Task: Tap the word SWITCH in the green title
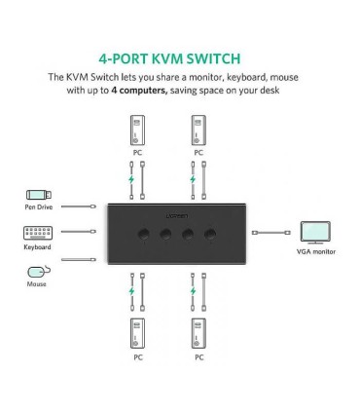click(226, 58)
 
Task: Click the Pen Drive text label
click(37, 207)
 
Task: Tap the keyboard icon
click(37, 233)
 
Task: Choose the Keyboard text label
click(37, 247)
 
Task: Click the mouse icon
click(38, 271)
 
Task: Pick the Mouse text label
click(37, 283)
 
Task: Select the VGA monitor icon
click(315, 233)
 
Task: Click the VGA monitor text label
click(316, 251)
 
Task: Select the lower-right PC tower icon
click(198, 333)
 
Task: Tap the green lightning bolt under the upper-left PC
click(131, 181)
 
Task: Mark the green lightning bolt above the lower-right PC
click(193, 291)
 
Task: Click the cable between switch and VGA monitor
click(270, 234)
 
